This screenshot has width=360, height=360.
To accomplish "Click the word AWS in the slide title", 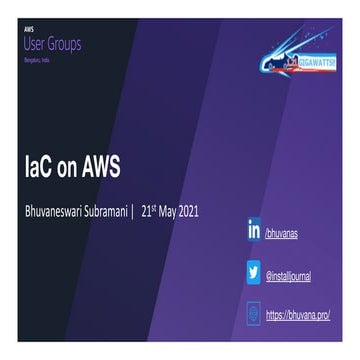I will (99, 166).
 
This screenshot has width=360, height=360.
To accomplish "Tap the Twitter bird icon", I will (253, 272).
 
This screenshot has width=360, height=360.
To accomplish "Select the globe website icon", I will (253, 313).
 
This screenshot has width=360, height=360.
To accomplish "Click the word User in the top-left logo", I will (35, 44).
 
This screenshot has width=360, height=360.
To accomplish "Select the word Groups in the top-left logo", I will (65, 44).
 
